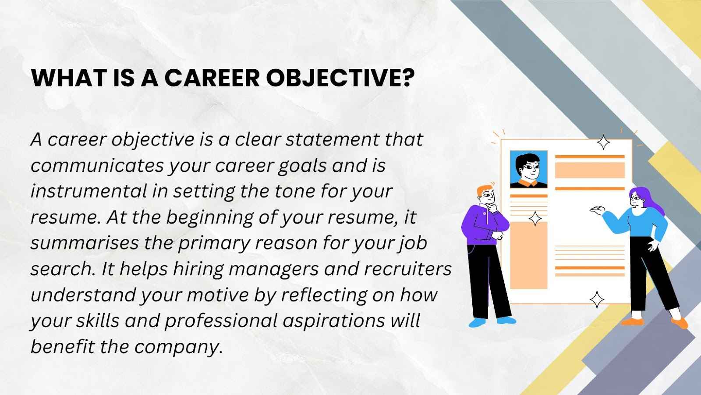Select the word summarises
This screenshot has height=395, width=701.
[x=84, y=243]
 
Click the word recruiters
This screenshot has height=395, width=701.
[x=407, y=269]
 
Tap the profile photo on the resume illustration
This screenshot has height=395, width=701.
[x=529, y=169]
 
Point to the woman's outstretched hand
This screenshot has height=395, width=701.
[x=596, y=210]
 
